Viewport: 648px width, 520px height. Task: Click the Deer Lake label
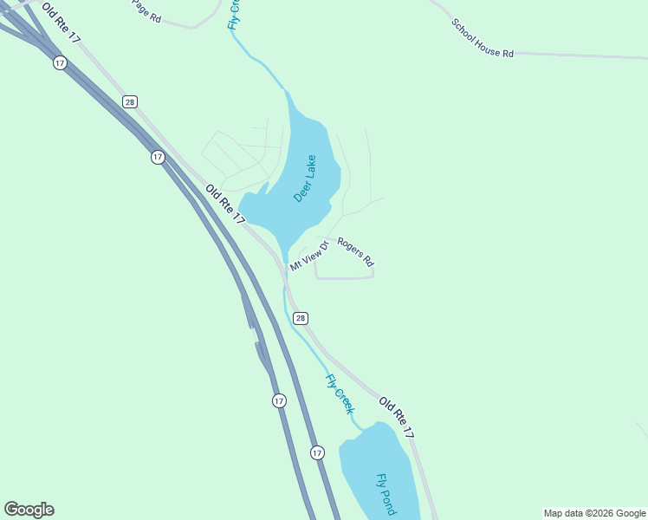point(305,179)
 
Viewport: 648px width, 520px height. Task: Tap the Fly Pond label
point(386,494)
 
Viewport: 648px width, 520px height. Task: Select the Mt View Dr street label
point(309,256)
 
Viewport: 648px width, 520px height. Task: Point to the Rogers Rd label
point(355,251)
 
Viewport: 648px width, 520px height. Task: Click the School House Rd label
point(483,38)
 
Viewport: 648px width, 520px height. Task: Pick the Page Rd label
point(146,10)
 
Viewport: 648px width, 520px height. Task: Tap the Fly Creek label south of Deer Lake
point(340,393)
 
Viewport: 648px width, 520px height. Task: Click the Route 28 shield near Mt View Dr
point(300,318)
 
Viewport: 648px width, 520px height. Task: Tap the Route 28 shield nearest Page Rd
point(129,101)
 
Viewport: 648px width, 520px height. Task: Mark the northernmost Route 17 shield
point(59,63)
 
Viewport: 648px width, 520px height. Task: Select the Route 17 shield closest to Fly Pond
point(317,452)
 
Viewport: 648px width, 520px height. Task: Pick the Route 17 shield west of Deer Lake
point(157,157)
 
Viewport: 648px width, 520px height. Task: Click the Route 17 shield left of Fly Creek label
point(278,400)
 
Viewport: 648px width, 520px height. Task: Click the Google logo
point(29,510)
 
